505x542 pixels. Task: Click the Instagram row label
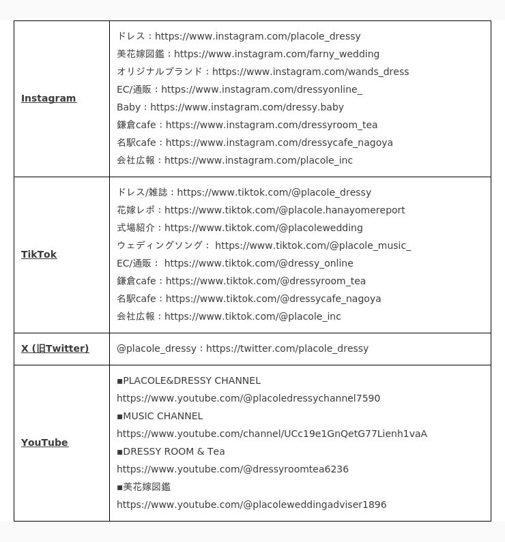point(48,98)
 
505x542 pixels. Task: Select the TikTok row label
point(39,254)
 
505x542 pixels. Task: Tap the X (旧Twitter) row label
point(55,348)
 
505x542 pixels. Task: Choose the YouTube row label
point(44,442)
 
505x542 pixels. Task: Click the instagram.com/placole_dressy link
point(257,36)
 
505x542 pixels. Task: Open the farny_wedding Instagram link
point(276,54)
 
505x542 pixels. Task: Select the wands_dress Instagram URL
point(311,72)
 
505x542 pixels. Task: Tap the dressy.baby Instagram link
point(247,107)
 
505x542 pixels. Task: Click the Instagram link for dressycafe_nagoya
point(279,142)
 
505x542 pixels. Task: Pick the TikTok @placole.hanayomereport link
point(285,210)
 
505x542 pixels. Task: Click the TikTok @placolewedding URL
point(263,228)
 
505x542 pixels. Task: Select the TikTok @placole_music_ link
point(313,245)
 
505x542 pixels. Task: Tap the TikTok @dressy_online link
point(259,263)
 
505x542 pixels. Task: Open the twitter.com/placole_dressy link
point(287,348)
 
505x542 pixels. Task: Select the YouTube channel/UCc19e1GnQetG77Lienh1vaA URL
point(272,434)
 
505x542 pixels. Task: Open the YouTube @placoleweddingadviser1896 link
point(251,505)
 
